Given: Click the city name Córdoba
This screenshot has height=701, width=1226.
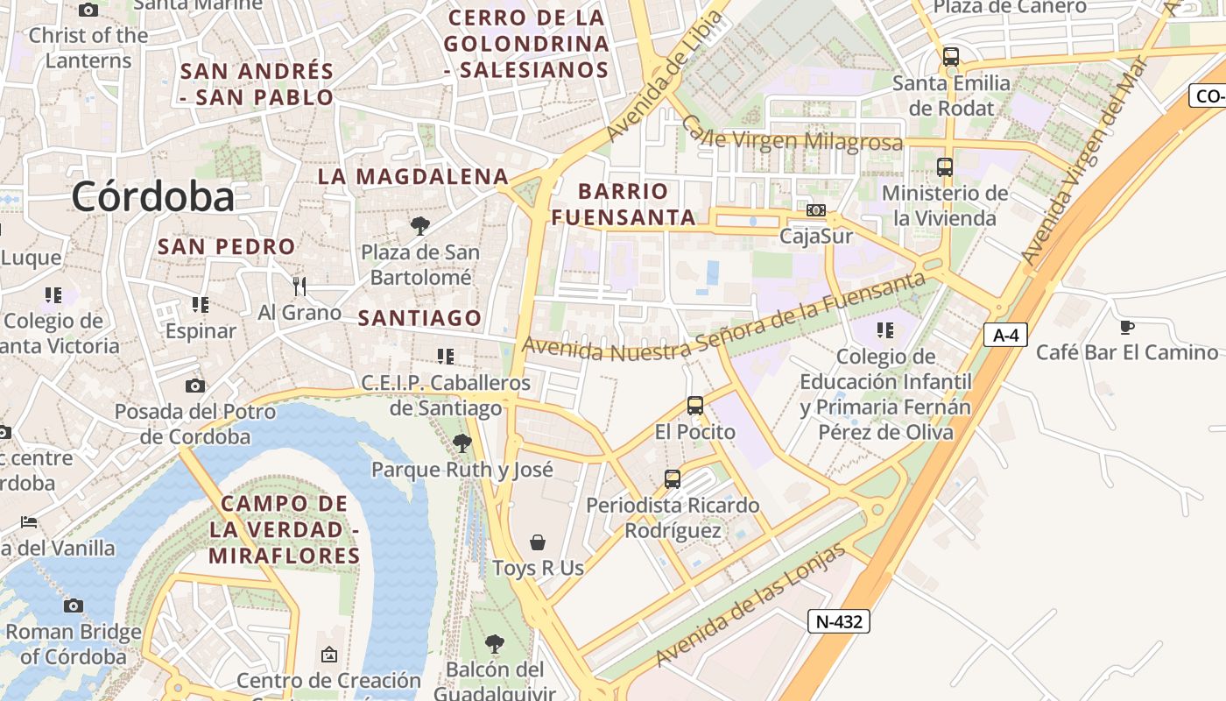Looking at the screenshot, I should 152,197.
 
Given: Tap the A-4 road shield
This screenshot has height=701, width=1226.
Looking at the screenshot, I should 1004,335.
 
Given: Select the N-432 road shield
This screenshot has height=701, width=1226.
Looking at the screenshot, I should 839,621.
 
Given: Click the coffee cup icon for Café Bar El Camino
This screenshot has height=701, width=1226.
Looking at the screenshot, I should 1126,328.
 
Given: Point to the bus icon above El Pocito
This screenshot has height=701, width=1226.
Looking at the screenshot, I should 695,406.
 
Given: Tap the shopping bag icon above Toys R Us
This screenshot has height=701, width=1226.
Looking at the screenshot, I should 538,542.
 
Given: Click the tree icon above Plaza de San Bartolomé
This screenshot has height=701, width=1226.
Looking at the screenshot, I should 420,226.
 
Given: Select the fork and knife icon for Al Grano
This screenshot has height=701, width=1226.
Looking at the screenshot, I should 299,286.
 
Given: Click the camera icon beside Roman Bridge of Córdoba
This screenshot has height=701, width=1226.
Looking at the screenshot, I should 74,605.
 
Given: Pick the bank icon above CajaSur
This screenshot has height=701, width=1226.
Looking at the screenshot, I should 815,210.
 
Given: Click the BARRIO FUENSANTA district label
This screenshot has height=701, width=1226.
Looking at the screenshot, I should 624,204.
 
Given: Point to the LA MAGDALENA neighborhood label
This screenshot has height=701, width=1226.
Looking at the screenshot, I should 412,176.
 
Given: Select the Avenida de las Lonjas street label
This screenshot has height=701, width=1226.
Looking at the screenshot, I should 750,605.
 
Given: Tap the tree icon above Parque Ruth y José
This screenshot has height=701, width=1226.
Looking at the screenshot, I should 462,443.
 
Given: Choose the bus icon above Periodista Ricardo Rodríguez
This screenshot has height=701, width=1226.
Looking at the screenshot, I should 673,479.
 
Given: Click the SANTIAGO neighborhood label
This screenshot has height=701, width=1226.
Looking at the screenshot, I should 419,318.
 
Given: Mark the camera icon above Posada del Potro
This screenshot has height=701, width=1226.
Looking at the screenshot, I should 194,386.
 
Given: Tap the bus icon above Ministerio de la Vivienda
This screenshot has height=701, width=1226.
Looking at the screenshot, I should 944,167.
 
